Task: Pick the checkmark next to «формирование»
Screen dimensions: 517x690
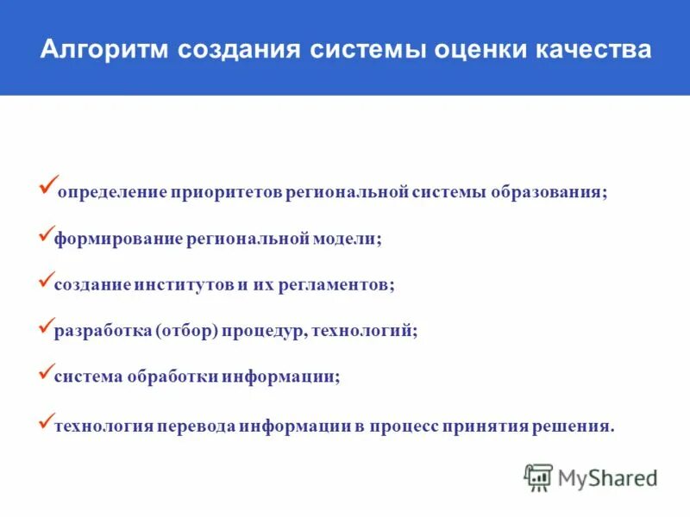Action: tap(47, 234)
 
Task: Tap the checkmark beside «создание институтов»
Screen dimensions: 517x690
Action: tap(47, 280)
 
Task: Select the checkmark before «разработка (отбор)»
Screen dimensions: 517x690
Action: tap(47, 327)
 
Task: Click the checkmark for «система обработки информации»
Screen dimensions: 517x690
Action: tap(47, 373)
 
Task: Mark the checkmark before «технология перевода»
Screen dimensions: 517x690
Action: tap(47, 420)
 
